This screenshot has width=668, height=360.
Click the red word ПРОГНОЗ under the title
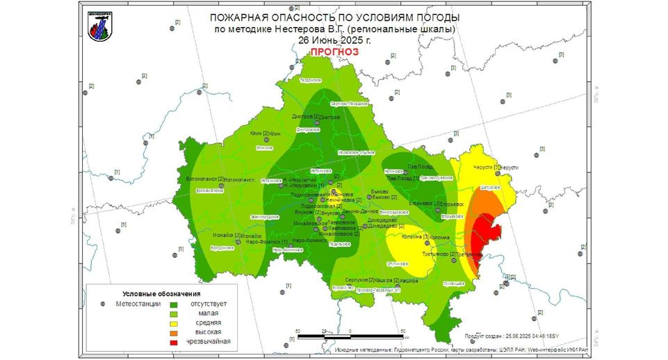(334, 52)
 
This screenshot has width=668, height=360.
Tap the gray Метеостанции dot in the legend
(103, 304)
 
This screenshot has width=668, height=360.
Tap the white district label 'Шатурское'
(490, 187)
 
